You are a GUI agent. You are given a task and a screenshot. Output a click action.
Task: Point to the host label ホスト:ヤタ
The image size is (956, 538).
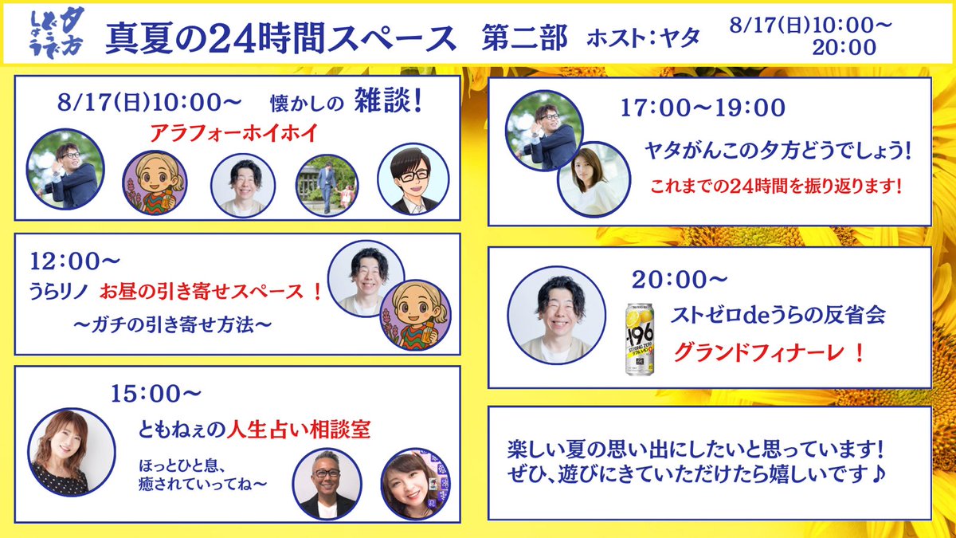642,37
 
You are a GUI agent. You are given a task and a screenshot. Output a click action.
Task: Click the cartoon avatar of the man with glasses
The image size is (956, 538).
420,182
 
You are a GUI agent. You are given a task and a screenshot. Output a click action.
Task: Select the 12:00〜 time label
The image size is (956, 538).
65,261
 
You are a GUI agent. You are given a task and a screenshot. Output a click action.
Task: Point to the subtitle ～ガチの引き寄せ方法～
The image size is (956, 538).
173,324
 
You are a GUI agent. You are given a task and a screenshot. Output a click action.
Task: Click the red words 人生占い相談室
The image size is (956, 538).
300,430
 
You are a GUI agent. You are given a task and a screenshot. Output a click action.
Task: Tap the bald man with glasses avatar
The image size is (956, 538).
327,484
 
